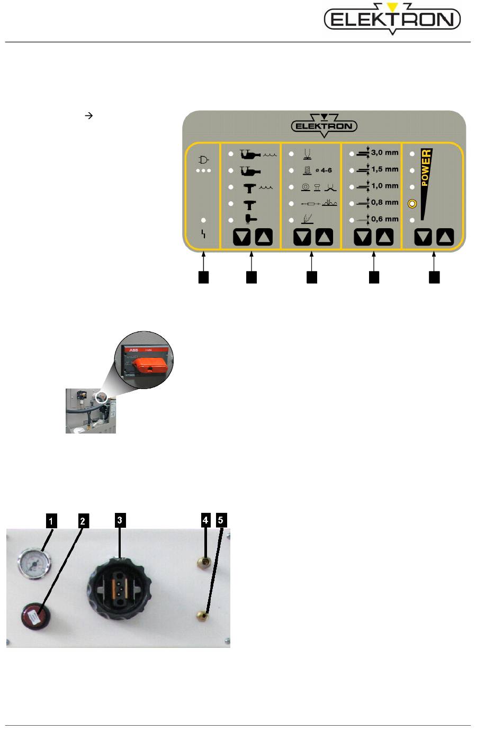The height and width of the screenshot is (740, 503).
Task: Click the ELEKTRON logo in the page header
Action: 392,20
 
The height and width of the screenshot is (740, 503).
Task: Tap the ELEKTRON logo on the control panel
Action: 324,126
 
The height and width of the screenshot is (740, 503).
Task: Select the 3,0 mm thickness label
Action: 384,152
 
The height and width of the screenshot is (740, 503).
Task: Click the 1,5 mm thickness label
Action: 384,169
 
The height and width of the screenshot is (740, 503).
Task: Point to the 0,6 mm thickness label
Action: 384,219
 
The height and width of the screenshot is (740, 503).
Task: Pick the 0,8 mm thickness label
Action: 384,202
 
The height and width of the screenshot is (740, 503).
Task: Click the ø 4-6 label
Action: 323,170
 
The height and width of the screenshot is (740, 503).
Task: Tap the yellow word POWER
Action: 426,168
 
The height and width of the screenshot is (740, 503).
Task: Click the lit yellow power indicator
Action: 412,204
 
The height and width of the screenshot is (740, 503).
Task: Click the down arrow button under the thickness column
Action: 363,237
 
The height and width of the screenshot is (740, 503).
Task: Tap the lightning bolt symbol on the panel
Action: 204,233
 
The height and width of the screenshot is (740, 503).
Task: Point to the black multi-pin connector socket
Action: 119,586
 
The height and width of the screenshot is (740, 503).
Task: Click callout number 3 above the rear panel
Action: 120,520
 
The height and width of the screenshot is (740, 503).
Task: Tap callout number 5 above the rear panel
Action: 221,520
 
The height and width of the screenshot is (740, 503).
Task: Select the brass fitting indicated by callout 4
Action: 202,561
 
